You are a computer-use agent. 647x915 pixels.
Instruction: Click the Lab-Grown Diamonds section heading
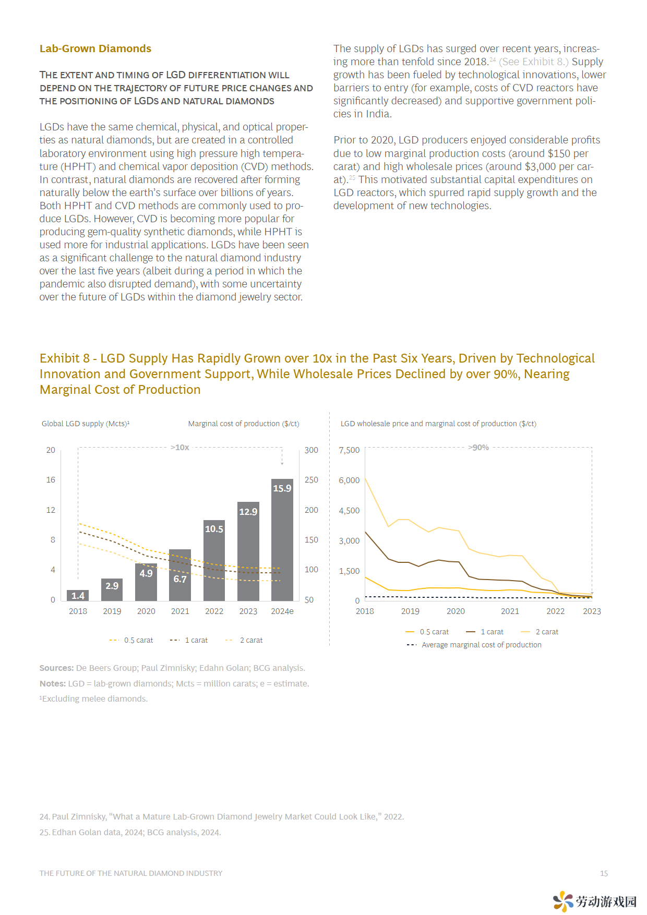coord(95,49)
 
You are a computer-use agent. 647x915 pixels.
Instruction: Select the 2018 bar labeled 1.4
coord(78,595)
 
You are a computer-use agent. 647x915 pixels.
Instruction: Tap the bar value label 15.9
coord(282,488)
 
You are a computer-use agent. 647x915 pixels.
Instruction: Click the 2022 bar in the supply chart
coord(214,560)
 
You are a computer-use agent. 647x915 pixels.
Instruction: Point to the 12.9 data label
coord(248,512)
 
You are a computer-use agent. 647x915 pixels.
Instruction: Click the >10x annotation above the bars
coord(180,448)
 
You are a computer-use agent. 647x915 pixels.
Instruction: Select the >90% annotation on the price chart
coord(478,448)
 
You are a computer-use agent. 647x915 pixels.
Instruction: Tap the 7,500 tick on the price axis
coord(349,450)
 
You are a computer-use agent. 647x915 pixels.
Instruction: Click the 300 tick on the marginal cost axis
coord(311,450)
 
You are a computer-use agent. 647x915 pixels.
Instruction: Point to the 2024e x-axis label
coord(282,611)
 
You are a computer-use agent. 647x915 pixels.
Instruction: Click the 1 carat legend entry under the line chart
coord(485,632)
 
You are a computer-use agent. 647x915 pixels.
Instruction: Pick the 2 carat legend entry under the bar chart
coord(244,640)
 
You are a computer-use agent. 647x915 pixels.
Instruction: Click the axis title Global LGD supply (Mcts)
coord(86,424)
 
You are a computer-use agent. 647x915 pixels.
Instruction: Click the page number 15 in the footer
coord(604,873)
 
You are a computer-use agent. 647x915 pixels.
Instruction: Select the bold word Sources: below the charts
coord(56,668)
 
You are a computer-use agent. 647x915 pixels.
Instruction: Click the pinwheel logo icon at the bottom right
coord(563,901)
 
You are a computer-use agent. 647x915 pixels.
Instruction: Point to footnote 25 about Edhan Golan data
coord(130,832)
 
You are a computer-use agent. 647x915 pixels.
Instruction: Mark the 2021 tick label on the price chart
coord(510,611)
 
